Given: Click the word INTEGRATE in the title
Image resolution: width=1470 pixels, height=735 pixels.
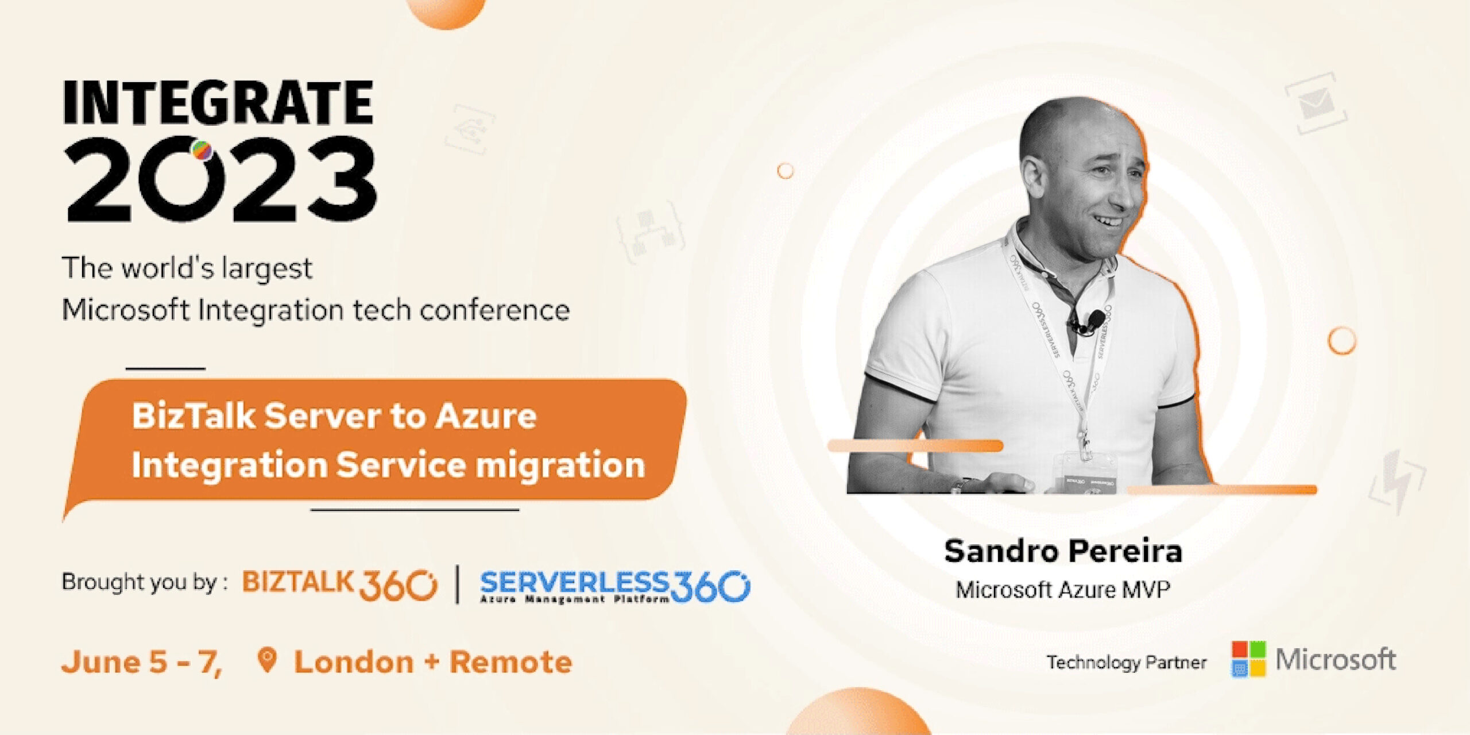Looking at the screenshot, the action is (218, 102).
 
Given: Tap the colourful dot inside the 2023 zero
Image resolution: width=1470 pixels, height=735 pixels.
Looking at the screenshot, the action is (201, 151).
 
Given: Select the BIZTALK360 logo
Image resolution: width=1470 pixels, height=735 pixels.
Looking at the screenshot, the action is (339, 585).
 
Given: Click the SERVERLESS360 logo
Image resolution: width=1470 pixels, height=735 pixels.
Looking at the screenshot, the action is (615, 586).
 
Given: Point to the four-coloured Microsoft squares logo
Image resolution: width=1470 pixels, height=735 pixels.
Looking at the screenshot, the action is (1248, 659).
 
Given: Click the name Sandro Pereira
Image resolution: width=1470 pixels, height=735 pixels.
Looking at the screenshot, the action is (1063, 551).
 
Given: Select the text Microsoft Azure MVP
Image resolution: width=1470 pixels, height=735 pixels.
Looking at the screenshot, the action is (1063, 590).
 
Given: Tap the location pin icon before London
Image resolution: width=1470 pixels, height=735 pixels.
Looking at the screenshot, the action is (267, 660).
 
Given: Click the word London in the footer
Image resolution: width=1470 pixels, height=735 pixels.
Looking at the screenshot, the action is (354, 662).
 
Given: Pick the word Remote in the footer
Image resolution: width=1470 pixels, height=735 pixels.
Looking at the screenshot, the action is (510, 662).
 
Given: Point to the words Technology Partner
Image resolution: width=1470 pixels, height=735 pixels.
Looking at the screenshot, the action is (1126, 663).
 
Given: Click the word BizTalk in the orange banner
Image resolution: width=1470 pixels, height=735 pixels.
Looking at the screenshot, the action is (194, 415).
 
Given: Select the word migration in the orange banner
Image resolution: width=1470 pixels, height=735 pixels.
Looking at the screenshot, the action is (560, 465).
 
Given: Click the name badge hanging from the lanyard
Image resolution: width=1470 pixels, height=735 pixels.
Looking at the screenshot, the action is (1089, 473).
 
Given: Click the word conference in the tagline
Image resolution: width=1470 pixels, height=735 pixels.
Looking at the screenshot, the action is (495, 310).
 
